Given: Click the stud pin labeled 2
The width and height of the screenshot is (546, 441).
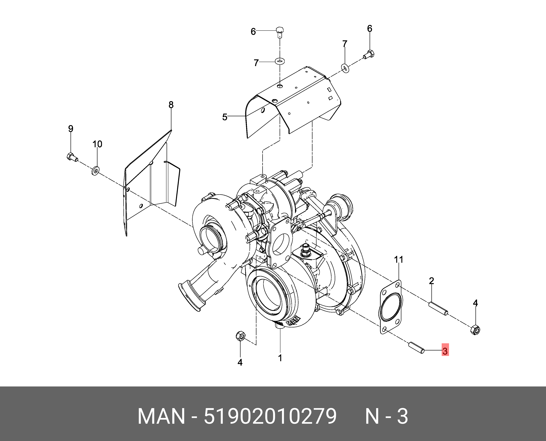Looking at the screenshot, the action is tap(438, 309).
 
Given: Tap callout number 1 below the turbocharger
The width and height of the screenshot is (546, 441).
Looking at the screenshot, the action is tap(280, 358).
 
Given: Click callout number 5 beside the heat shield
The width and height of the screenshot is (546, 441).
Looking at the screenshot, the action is tap(225, 117).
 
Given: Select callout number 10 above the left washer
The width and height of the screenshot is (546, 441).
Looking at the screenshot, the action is tap(97, 144).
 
